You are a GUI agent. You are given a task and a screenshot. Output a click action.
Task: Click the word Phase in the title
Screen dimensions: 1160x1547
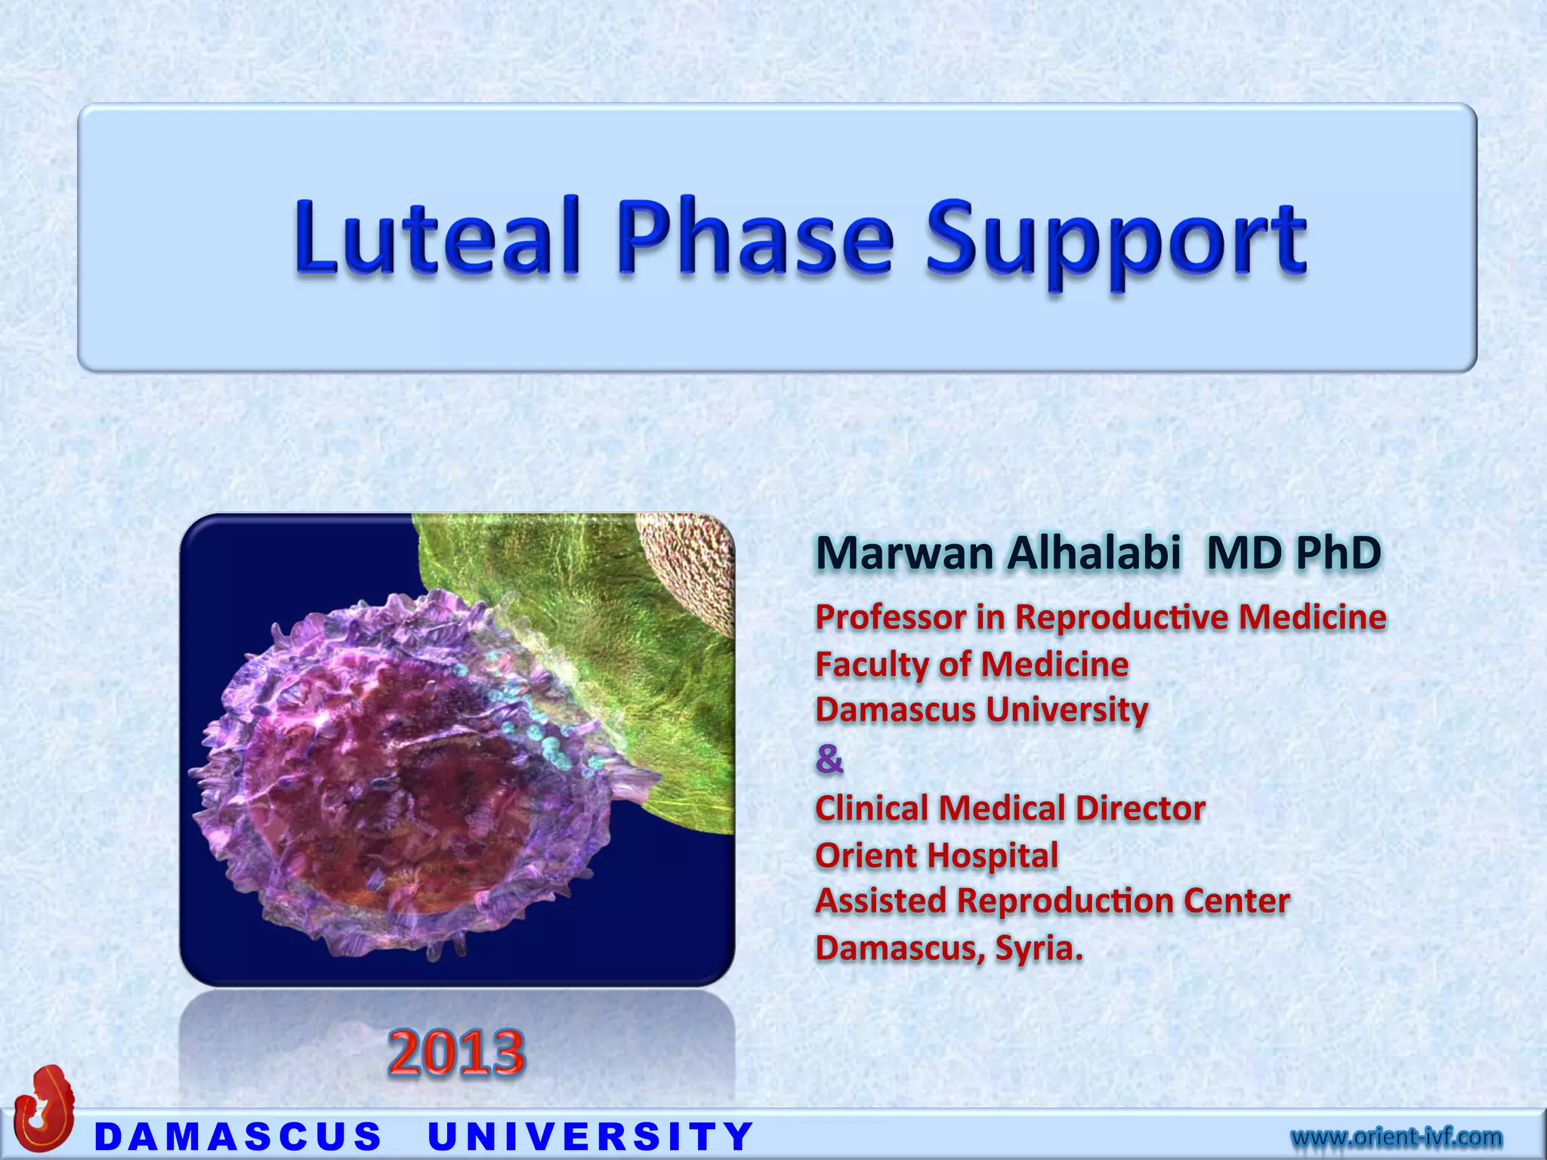click(755, 236)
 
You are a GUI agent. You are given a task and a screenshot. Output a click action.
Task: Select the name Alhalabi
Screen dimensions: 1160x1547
click(1093, 553)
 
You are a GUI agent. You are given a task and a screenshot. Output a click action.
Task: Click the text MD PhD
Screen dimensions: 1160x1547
click(1294, 553)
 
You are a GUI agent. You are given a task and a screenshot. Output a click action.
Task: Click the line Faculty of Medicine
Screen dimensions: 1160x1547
click(971, 665)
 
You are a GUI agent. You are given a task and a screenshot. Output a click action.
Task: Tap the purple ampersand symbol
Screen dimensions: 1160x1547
click(829, 758)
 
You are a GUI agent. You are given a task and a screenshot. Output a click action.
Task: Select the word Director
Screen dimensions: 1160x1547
click(1140, 808)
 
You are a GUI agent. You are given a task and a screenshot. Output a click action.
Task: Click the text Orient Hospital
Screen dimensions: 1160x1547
click(937, 856)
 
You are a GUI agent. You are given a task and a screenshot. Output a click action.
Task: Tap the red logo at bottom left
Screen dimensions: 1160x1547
click(45, 1106)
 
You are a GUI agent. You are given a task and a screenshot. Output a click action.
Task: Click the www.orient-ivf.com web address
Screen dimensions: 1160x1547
click(1396, 1136)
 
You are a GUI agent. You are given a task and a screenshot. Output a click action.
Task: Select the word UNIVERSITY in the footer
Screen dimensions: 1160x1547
click(591, 1137)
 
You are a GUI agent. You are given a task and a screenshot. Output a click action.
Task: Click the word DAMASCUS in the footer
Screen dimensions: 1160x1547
click(239, 1137)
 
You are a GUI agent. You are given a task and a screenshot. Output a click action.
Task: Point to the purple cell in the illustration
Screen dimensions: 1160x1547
click(393, 778)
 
